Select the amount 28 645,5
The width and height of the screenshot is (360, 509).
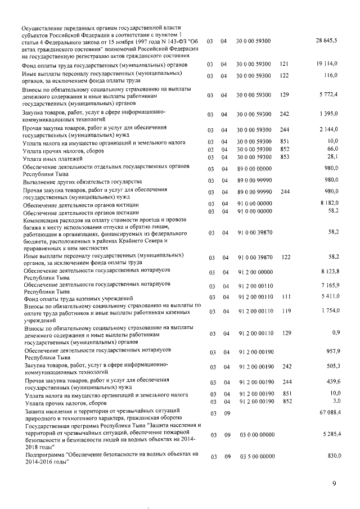[326, 42]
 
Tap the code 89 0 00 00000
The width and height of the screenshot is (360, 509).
[254, 168]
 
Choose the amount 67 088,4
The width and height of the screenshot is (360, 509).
[326, 413]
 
